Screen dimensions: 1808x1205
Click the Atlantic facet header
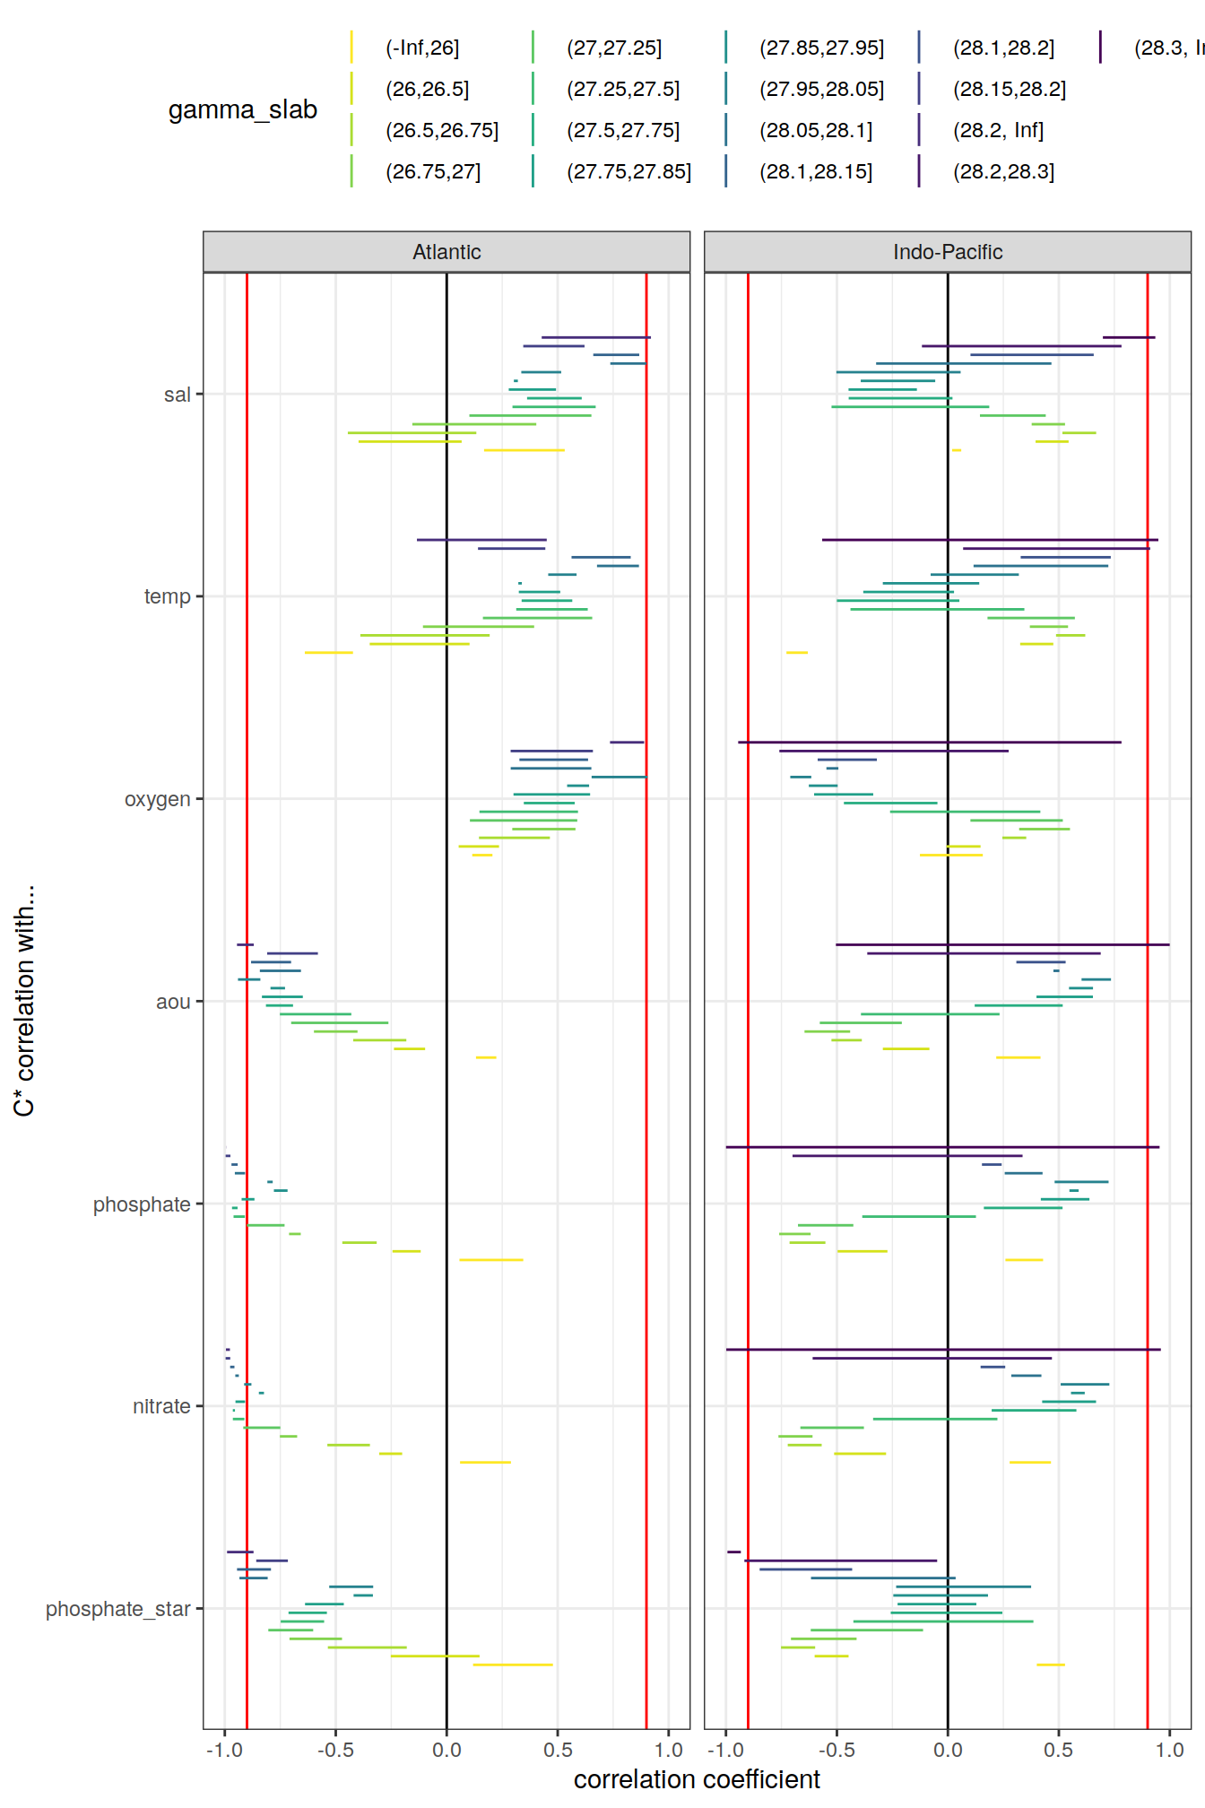pos(446,252)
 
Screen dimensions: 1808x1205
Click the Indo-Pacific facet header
pos(947,252)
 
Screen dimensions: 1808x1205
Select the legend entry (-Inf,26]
pos(422,48)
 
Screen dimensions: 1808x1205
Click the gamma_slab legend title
pos(243,109)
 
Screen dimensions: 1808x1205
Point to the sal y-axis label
pos(178,395)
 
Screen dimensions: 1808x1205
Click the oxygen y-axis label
pos(158,799)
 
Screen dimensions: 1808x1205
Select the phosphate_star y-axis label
pos(118,1609)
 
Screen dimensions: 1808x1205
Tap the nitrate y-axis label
pos(161,1406)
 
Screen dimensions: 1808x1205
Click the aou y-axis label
pos(173,1002)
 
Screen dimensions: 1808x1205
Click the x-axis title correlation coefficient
pos(697,1779)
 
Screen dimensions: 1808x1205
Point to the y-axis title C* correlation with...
pos(24,1000)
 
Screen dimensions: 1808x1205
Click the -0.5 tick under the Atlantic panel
pos(335,1750)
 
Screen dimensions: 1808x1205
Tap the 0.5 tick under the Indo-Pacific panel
pos(1058,1750)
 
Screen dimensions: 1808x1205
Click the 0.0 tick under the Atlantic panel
pos(446,1750)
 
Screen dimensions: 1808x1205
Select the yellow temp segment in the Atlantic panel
pos(328,653)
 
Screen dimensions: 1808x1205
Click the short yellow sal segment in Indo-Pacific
pos(956,450)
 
